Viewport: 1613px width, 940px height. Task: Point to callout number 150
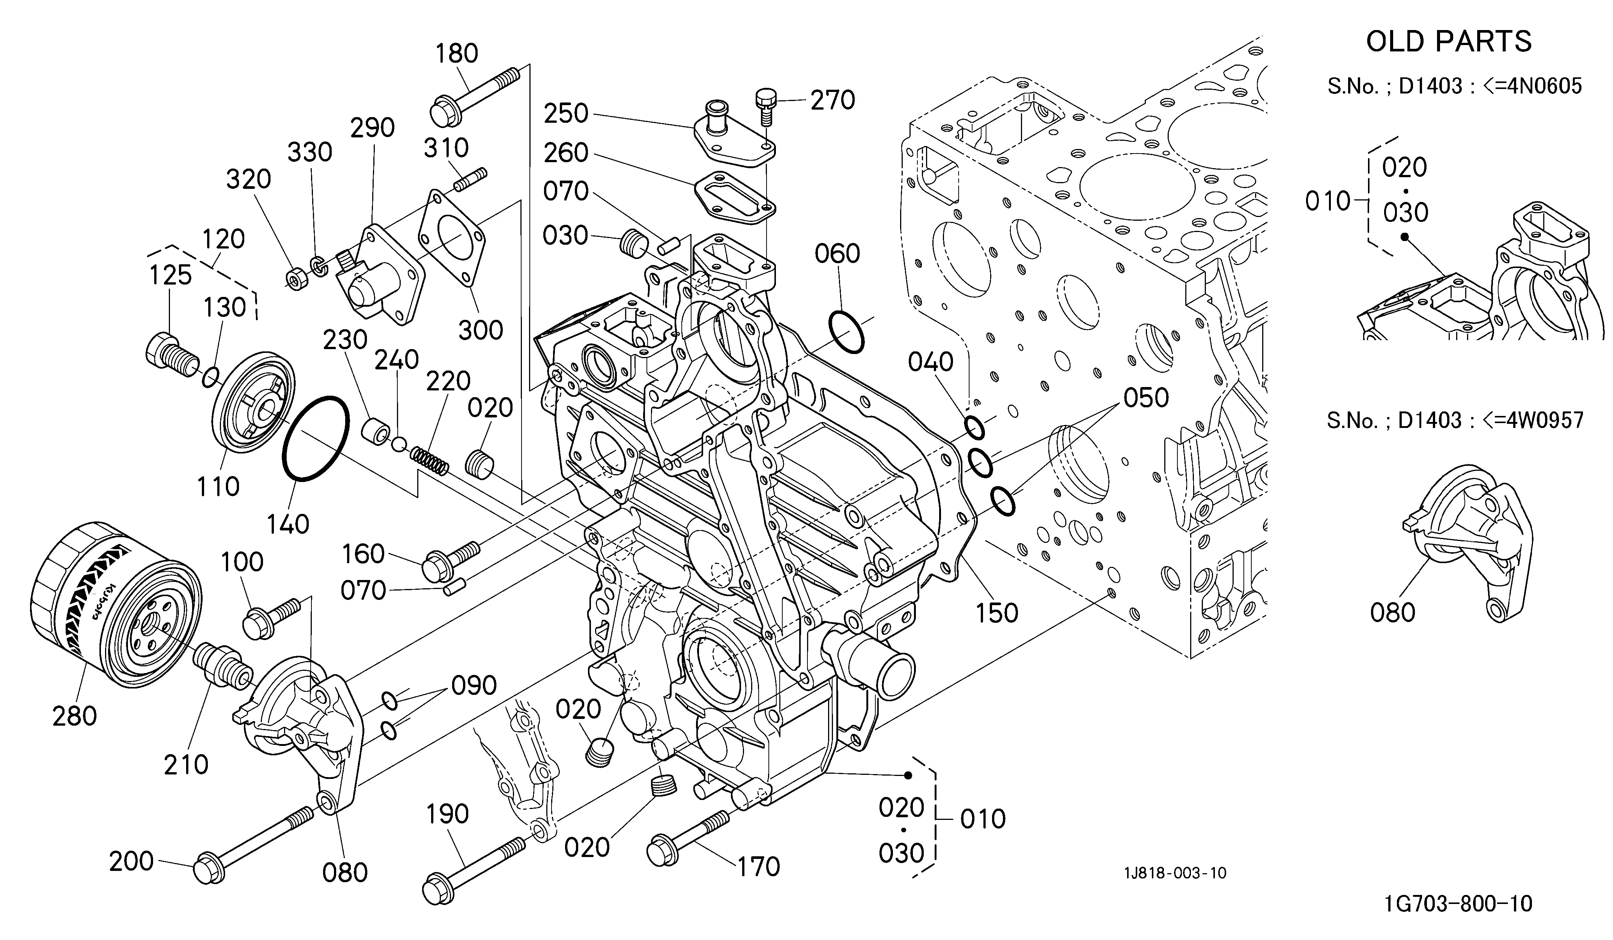(997, 613)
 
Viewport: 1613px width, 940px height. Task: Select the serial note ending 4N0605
(1454, 86)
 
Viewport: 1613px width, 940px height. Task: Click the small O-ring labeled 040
(974, 427)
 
